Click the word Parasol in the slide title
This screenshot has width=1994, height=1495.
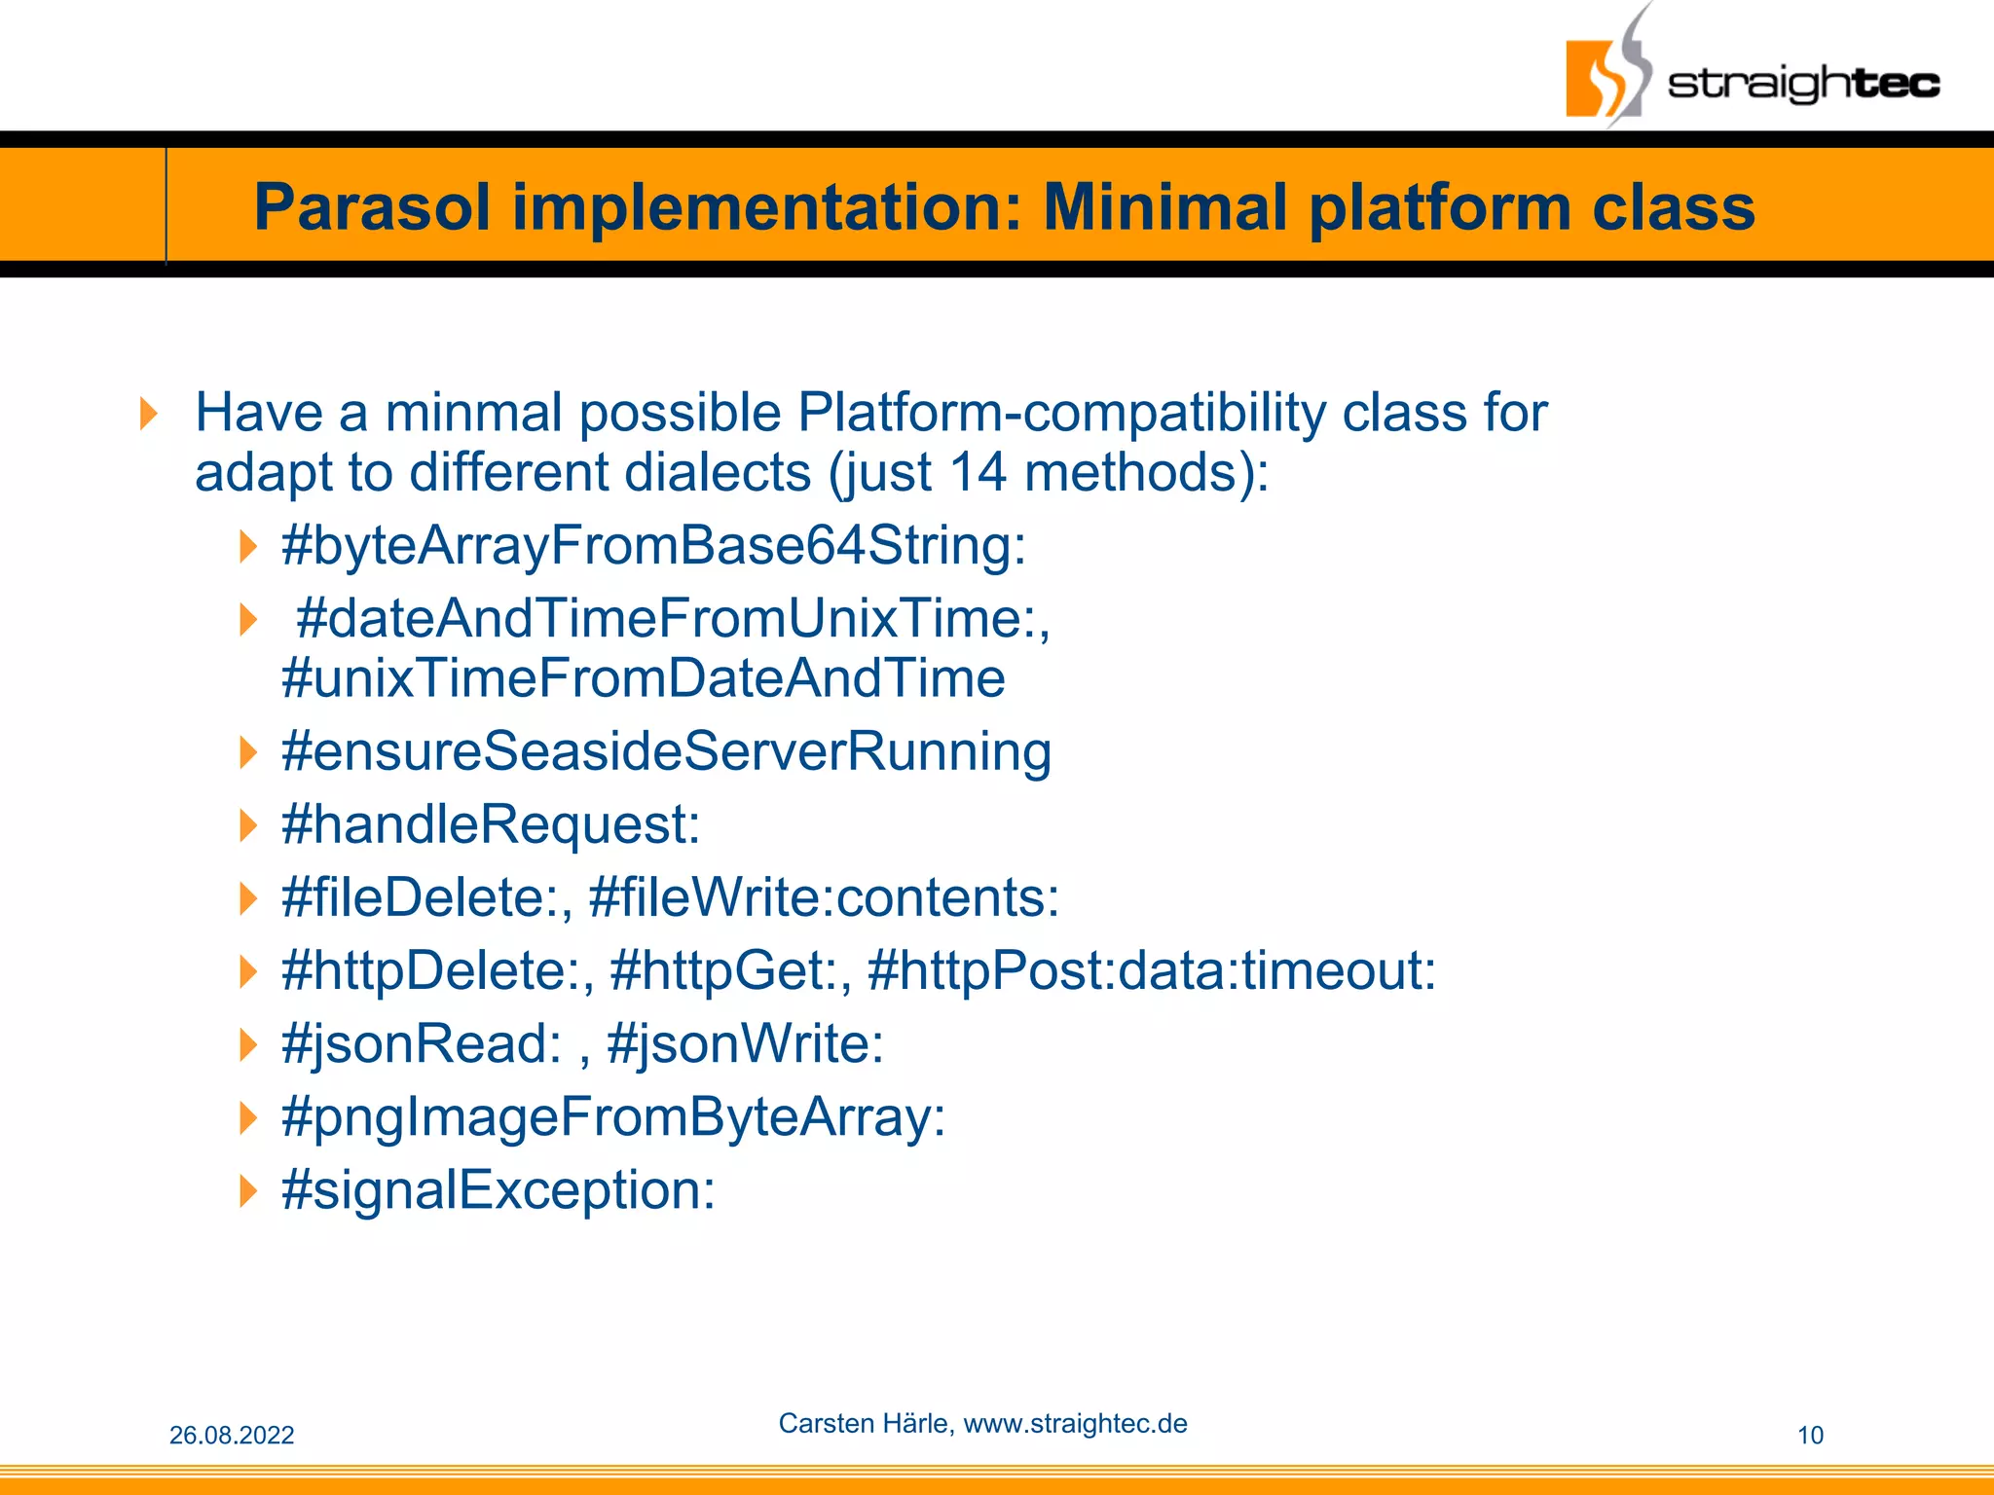372,208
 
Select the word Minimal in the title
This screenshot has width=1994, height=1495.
1165,208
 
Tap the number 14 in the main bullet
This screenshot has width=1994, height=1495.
978,472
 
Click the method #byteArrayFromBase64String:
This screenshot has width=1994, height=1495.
653,545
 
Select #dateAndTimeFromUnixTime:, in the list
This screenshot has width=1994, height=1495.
673,618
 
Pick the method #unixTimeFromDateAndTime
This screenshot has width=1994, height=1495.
643,678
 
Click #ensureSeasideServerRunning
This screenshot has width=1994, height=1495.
666,751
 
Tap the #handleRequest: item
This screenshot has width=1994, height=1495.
491,824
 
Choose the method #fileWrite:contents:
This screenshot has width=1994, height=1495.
824,897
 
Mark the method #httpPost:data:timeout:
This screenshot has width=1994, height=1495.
1151,970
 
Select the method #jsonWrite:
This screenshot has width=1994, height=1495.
745,1043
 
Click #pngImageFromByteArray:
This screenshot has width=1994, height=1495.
613,1117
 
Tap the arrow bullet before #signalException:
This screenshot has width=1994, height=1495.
248,1190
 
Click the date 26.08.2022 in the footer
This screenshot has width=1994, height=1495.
232,1435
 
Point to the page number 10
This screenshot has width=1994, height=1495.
1809,1435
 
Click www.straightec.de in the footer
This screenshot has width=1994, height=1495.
1075,1423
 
